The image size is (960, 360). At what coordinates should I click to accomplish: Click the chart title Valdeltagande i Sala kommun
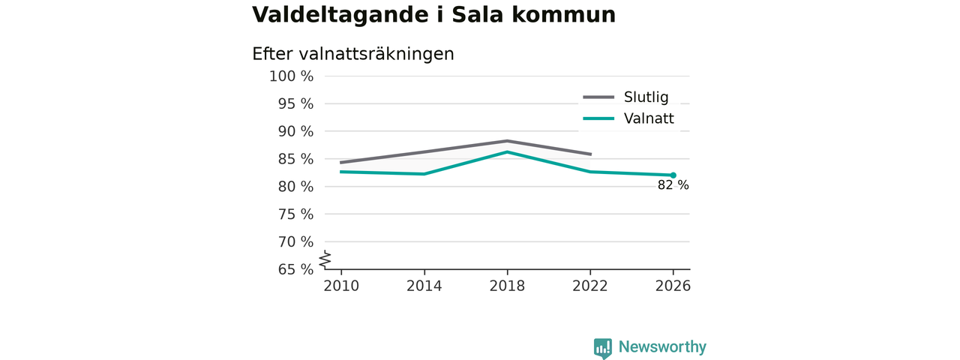[433, 14]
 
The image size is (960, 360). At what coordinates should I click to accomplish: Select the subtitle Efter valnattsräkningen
[353, 54]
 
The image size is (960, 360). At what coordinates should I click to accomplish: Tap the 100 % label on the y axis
[292, 76]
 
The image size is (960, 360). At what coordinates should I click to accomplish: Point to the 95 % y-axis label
[295, 103]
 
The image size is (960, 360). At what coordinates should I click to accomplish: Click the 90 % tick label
[295, 131]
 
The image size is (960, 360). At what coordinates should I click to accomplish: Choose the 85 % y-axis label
[295, 159]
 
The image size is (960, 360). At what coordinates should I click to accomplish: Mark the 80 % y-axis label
[295, 187]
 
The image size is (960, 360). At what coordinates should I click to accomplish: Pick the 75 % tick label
[295, 214]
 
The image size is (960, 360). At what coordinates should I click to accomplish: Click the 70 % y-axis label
[295, 241]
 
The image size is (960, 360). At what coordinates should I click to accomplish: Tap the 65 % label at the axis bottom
[295, 269]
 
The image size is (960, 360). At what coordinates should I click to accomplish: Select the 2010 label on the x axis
[341, 286]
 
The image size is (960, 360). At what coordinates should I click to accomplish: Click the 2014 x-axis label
[424, 286]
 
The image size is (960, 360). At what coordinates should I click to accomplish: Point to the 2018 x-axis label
[508, 286]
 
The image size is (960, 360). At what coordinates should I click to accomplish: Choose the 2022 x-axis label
[590, 286]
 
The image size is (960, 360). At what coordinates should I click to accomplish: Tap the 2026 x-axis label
[673, 286]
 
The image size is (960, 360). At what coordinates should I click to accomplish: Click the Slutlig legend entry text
[646, 97]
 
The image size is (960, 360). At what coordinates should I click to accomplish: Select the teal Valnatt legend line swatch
[598, 118]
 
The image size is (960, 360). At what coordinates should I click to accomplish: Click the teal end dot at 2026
[673, 175]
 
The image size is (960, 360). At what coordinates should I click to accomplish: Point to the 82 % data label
[673, 185]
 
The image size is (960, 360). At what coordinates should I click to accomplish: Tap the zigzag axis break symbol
[325, 259]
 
